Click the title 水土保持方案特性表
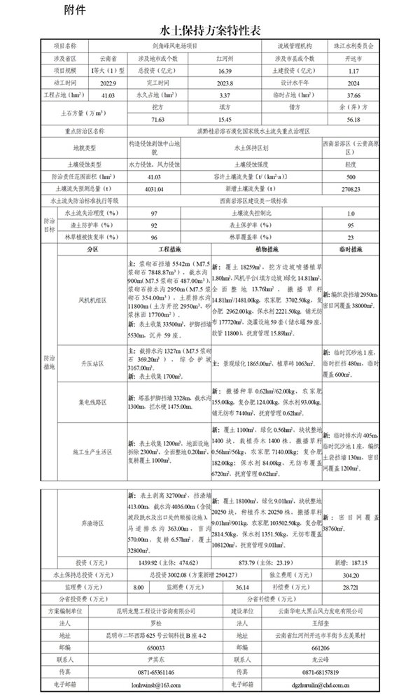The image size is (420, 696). pos(211,31)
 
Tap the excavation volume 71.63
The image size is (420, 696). pos(146,120)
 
